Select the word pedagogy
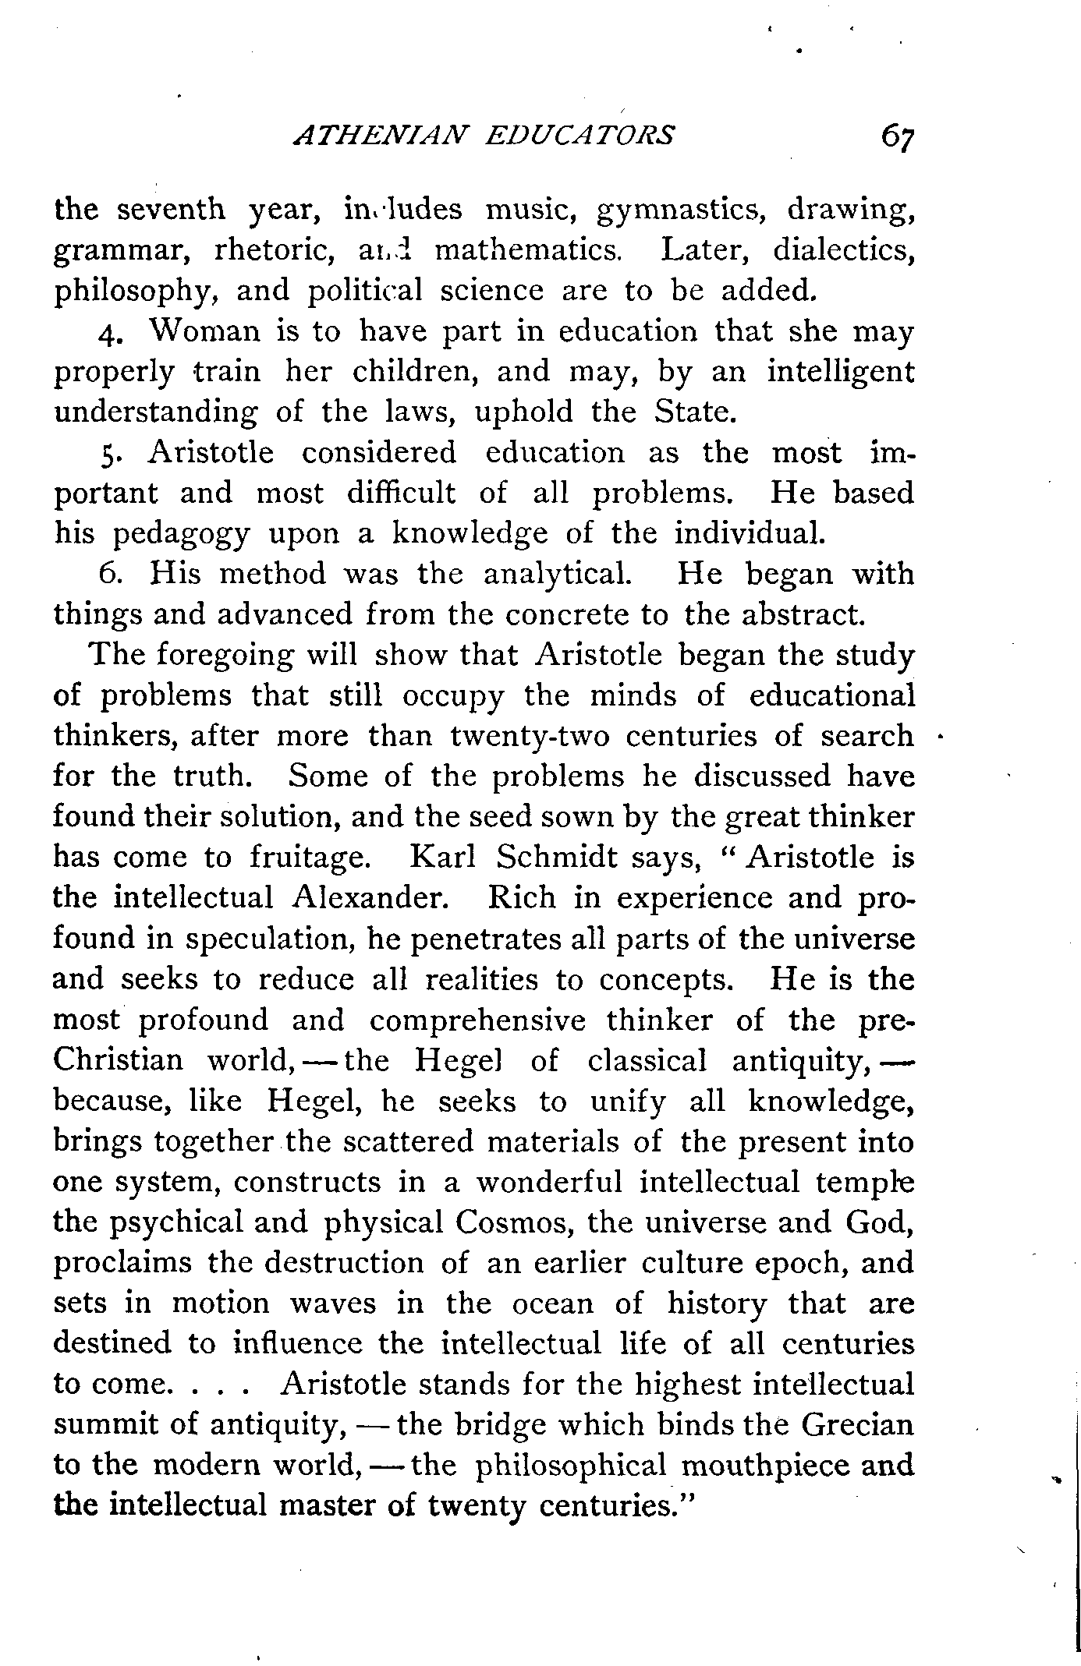[x=182, y=535]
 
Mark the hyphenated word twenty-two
[x=526, y=736]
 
